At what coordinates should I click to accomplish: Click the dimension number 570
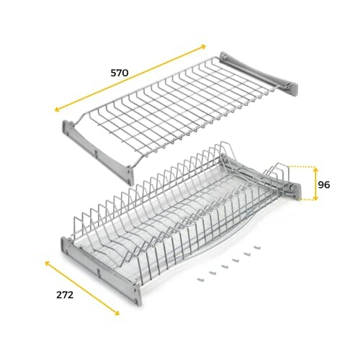pyautogui.click(x=120, y=73)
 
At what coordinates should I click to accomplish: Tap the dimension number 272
pyautogui.click(x=65, y=295)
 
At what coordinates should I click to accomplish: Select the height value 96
pyautogui.click(x=324, y=185)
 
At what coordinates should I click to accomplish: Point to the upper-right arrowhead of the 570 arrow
pyautogui.click(x=203, y=47)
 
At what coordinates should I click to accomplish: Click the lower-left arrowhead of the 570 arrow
pyautogui.click(x=58, y=109)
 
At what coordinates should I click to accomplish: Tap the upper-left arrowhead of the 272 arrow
pyautogui.click(x=48, y=264)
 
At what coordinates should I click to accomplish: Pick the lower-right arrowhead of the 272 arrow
pyautogui.click(x=117, y=312)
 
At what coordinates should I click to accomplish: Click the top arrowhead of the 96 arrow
pyautogui.click(x=315, y=170)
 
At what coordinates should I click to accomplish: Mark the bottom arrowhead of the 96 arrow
pyautogui.click(x=315, y=198)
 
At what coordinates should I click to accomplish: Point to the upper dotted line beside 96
pyautogui.click(x=301, y=166)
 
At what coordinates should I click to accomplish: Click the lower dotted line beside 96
pyautogui.click(x=306, y=199)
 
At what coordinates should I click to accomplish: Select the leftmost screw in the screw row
pyautogui.click(x=200, y=279)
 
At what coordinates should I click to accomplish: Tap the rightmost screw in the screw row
pyautogui.click(x=257, y=247)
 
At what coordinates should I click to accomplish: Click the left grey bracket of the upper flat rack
pyautogui.click(x=99, y=153)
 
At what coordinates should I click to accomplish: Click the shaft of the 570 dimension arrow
pyautogui.click(x=130, y=78)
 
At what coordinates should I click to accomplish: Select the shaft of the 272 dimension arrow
pyautogui.click(x=82, y=288)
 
